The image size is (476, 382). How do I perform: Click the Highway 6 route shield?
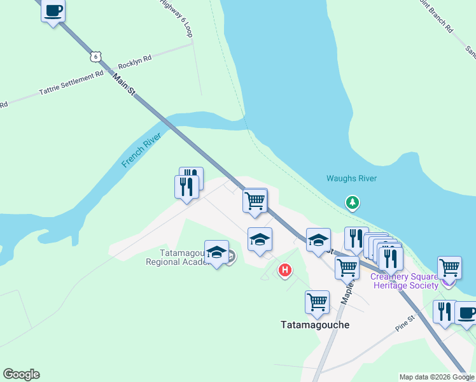(95, 56)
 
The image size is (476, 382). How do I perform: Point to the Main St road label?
(124, 85)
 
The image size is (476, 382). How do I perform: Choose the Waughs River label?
(352, 179)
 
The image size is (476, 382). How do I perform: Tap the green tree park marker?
(352, 203)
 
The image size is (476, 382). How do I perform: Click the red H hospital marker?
(285, 271)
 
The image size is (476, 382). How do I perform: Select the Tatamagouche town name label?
(314, 324)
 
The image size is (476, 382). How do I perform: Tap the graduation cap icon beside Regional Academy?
(216, 251)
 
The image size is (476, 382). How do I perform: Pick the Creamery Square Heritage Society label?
(405, 281)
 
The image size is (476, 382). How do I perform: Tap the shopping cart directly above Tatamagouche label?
(317, 302)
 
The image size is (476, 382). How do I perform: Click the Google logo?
(21, 374)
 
